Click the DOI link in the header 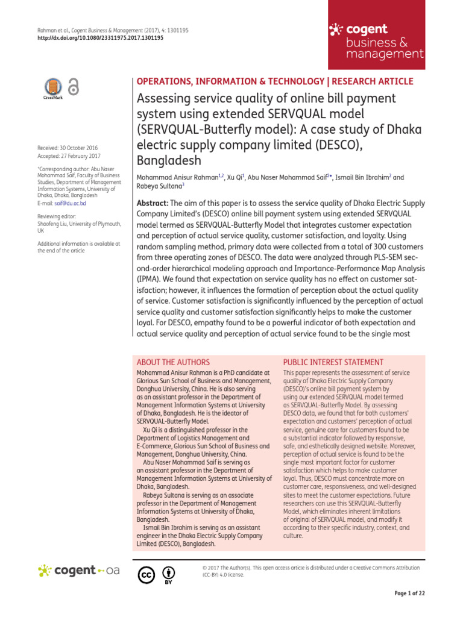coord(100,37)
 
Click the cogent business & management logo coord(376,41)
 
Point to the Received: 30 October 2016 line coord(68,148)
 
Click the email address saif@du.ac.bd coord(70,204)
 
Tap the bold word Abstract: coord(153,204)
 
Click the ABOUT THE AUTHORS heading coord(173,362)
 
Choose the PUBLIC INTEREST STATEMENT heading coord(333,362)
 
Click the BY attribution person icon coord(169,573)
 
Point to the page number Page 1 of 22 coord(409,594)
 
